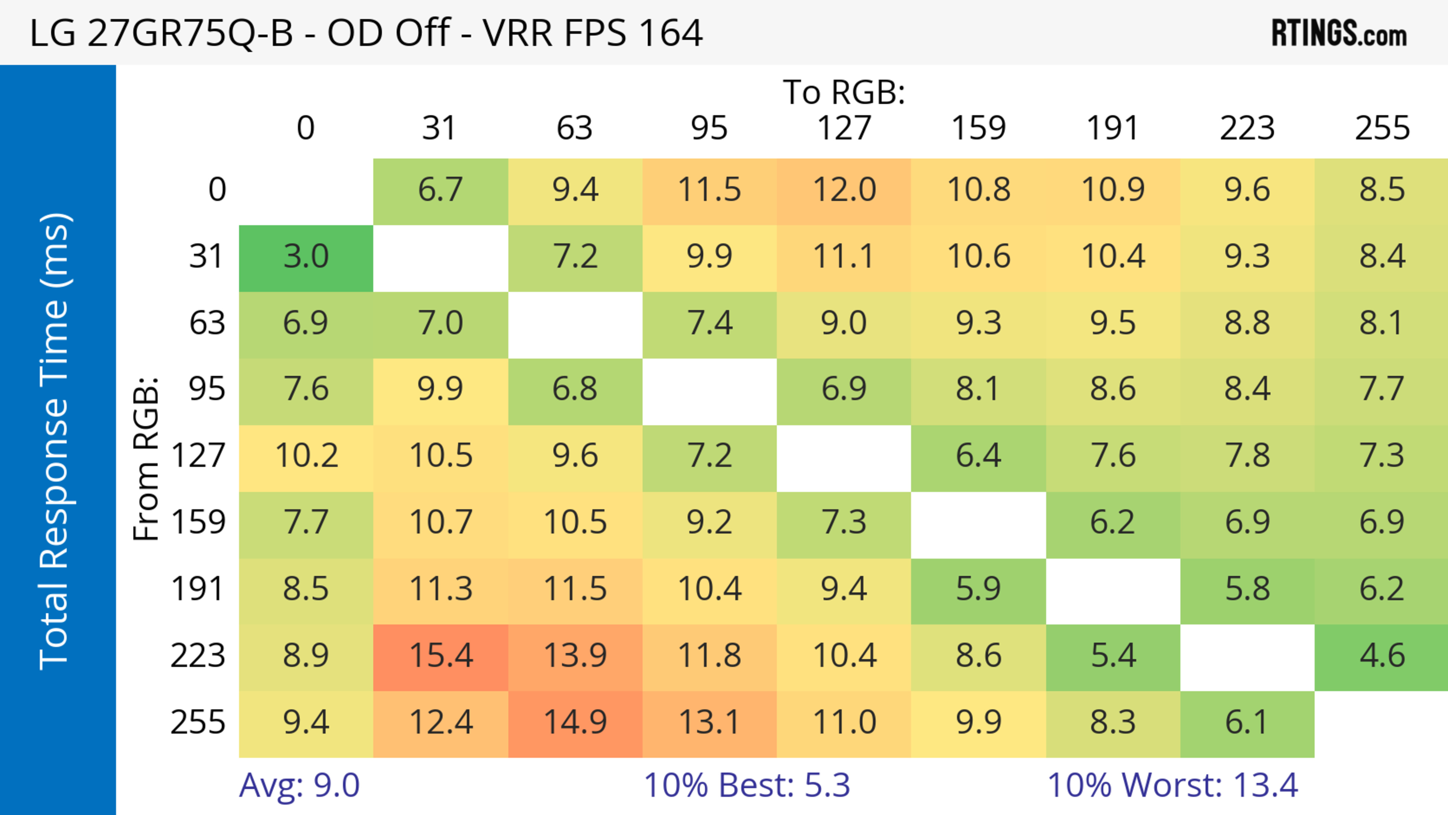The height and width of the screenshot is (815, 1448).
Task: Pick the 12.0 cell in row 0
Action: tap(844, 190)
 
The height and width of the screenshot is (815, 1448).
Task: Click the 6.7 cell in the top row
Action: tap(441, 190)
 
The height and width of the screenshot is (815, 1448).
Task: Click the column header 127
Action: tap(844, 128)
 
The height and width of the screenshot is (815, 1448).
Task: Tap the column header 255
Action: tap(1382, 128)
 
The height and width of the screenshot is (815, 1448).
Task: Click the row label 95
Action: tap(207, 389)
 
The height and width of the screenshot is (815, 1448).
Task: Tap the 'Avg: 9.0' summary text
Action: tap(299, 785)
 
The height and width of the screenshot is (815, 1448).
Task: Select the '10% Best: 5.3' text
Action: tap(747, 785)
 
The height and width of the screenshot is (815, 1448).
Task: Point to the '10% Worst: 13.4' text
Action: tap(1173, 785)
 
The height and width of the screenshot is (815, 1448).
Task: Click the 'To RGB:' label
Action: tap(844, 92)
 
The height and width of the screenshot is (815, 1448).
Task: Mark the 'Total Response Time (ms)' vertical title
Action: tap(55, 441)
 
